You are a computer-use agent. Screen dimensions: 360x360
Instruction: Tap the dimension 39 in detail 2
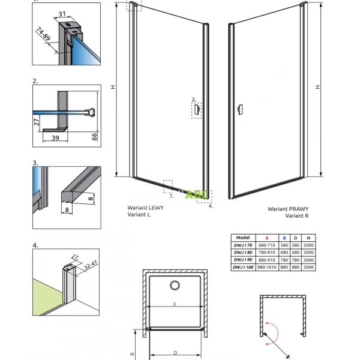tap(55, 137)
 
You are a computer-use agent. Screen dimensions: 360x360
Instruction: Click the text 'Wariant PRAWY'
tap(284, 210)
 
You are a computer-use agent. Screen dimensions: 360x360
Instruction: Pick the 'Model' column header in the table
tap(243, 238)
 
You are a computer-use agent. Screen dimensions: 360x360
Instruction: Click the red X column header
tap(266, 238)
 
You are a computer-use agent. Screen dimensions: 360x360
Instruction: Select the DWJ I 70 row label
tap(244, 245)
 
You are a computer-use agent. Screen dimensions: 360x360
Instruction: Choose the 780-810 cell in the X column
tap(266, 252)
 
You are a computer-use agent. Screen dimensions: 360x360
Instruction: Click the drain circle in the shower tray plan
tap(176, 286)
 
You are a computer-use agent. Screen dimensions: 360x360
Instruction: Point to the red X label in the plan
tap(175, 305)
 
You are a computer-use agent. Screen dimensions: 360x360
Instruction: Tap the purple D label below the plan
tap(175, 353)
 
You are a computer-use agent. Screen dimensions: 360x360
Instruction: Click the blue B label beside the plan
tap(133, 346)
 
